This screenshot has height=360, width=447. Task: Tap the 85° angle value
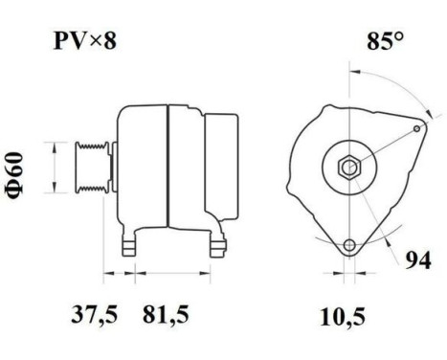click(x=384, y=42)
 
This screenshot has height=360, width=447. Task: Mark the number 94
click(x=414, y=259)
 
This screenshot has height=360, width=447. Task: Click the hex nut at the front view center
click(x=349, y=166)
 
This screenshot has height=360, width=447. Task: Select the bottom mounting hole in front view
click(x=350, y=244)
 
